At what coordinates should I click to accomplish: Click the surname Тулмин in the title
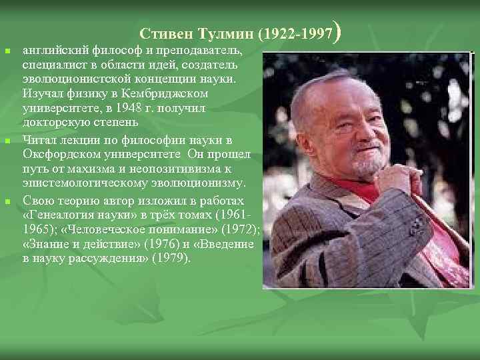(x=222, y=33)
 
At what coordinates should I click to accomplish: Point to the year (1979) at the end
(x=173, y=258)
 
